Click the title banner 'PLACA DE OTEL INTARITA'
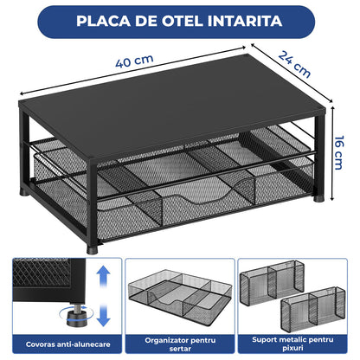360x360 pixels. [x=179, y=20]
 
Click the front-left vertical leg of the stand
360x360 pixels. [x=92, y=199]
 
